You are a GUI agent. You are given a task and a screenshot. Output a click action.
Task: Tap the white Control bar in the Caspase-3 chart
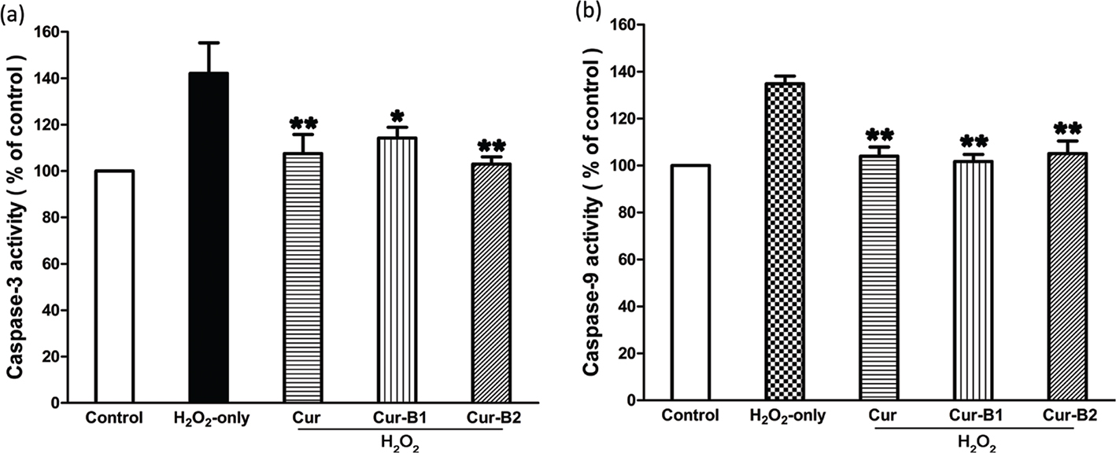(x=115, y=286)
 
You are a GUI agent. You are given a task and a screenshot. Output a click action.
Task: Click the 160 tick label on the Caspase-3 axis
(x=50, y=33)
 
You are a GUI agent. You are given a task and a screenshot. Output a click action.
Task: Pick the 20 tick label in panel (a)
(x=54, y=357)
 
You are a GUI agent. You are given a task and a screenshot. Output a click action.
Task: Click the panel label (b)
(x=586, y=12)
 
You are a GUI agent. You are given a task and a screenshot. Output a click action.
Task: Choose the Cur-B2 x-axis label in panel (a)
(x=492, y=418)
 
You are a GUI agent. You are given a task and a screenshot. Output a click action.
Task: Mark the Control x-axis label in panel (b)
(x=690, y=415)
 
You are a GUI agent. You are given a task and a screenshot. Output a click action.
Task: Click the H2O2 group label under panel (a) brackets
(x=397, y=445)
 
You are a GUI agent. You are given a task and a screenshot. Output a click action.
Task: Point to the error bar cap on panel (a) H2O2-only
(x=209, y=42)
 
